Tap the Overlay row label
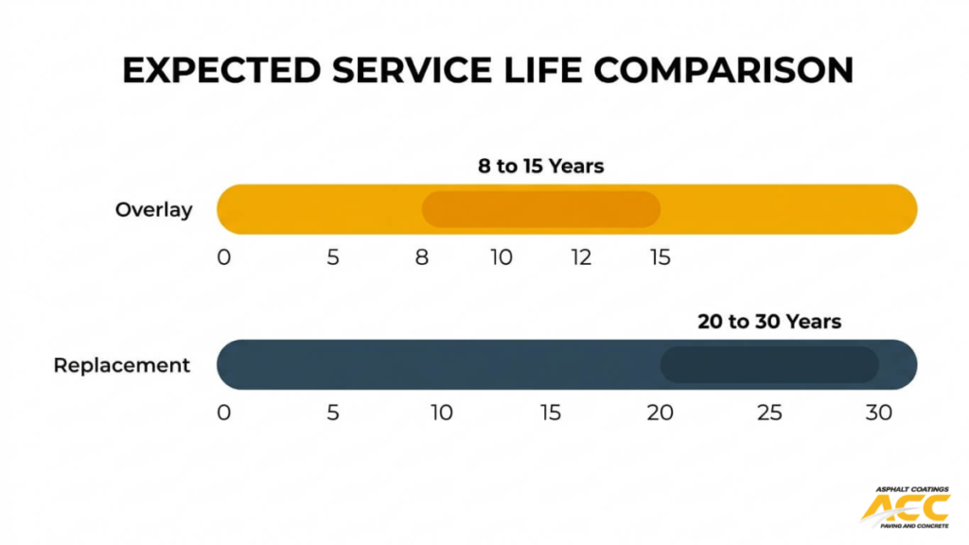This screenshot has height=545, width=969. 153,210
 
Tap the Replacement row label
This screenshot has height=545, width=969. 122,365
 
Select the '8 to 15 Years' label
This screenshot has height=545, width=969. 540,167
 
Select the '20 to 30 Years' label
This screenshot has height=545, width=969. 769,322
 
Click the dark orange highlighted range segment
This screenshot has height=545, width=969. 540,209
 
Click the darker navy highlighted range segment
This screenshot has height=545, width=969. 768,364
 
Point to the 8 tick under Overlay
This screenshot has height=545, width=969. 422,257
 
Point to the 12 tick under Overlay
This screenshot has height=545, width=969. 581,257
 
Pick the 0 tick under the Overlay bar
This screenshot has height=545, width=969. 223,257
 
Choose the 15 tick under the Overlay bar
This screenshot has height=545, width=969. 660,257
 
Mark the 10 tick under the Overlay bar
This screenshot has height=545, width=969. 502,257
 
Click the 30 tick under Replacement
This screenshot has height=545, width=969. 879,413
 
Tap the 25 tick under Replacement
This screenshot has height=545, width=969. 769,413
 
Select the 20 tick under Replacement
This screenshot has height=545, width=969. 660,413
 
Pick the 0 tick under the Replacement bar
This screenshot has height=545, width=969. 223,413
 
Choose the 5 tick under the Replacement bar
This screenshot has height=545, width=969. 332,413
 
